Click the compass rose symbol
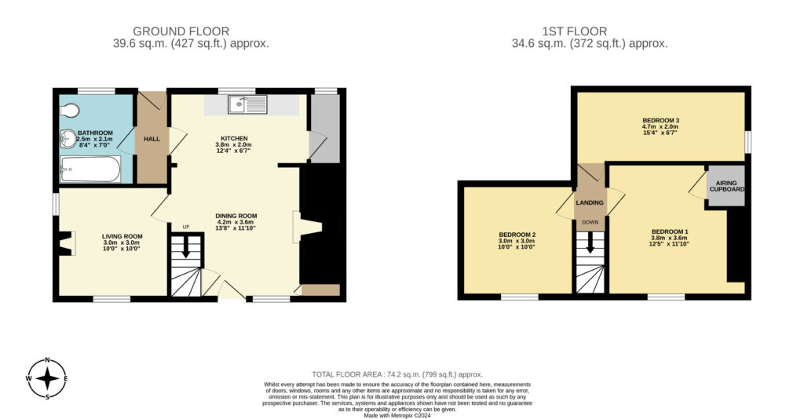click(x=48, y=379)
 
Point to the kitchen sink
click(x=247, y=104)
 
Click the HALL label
click(x=152, y=139)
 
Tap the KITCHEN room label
click(x=234, y=137)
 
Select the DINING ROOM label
click(x=236, y=216)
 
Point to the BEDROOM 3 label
click(x=660, y=120)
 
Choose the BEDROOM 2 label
click(x=517, y=235)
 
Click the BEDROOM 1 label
click(x=669, y=231)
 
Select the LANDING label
click(x=590, y=202)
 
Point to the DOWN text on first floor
click(x=590, y=222)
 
